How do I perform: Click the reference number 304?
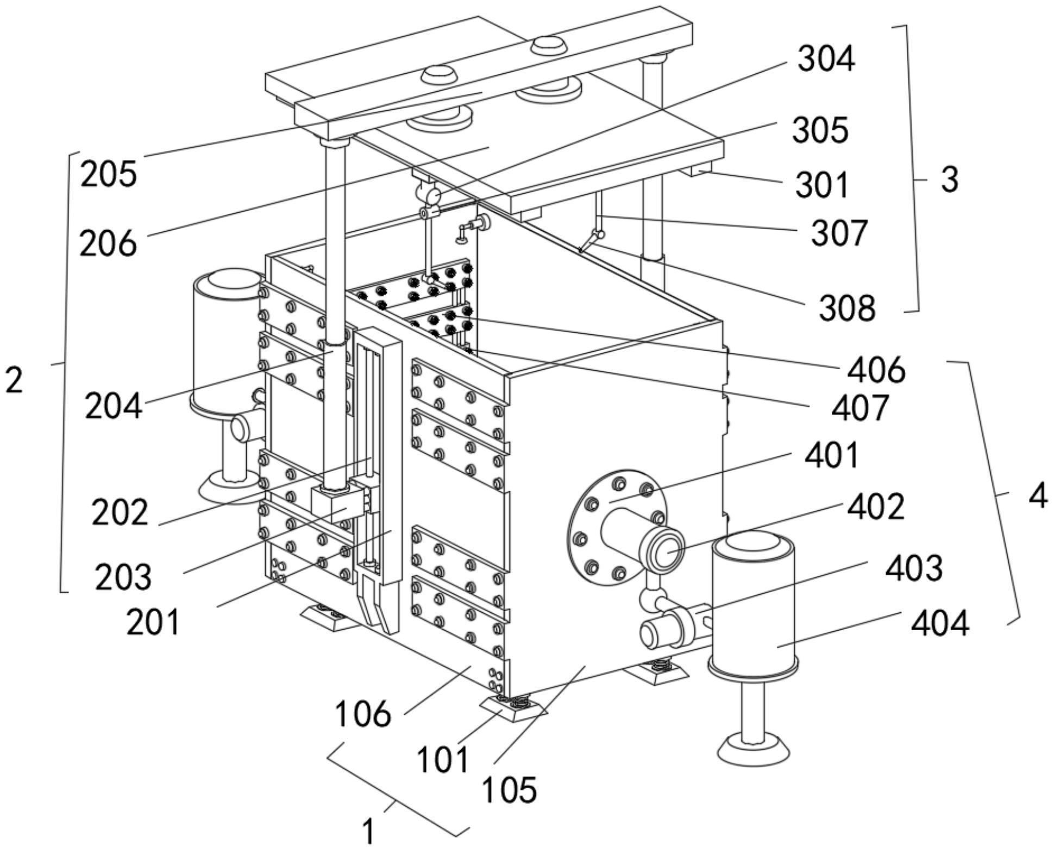pyautogui.click(x=826, y=59)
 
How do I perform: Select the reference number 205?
pyautogui.click(x=109, y=174)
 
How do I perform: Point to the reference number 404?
pyautogui.click(x=940, y=623)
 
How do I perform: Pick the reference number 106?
pyautogui.click(x=362, y=714)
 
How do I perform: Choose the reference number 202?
pyautogui.click(x=120, y=512)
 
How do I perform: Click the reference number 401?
pyautogui.click(x=832, y=455)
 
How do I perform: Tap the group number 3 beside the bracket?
pyautogui.click(x=949, y=180)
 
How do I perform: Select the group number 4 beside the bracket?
pyautogui.click(x=1038, y=496)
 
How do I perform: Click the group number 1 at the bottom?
pyautogui.click(x=368, y=831)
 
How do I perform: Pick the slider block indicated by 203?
pyautogui.click(x=337, y=505)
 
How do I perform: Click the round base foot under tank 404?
pyautogui.click(x=752, y=749)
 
